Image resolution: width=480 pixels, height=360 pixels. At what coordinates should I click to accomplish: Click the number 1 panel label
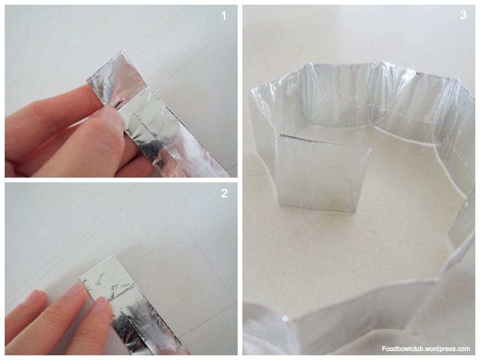[x=224, y=15]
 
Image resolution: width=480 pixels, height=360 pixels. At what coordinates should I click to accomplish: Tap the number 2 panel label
[x=224, y=193]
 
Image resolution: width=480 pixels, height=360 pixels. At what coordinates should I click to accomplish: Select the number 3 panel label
[x=463, y=15]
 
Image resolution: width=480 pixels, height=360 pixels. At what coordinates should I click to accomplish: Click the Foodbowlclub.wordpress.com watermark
[x=426, y=349]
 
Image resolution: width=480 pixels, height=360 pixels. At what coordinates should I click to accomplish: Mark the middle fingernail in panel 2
[x=74, y=290]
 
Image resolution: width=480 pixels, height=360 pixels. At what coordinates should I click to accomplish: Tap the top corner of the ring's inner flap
[x=279, y=135]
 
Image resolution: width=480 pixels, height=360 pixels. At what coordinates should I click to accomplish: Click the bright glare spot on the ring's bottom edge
[x=285, y=319]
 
